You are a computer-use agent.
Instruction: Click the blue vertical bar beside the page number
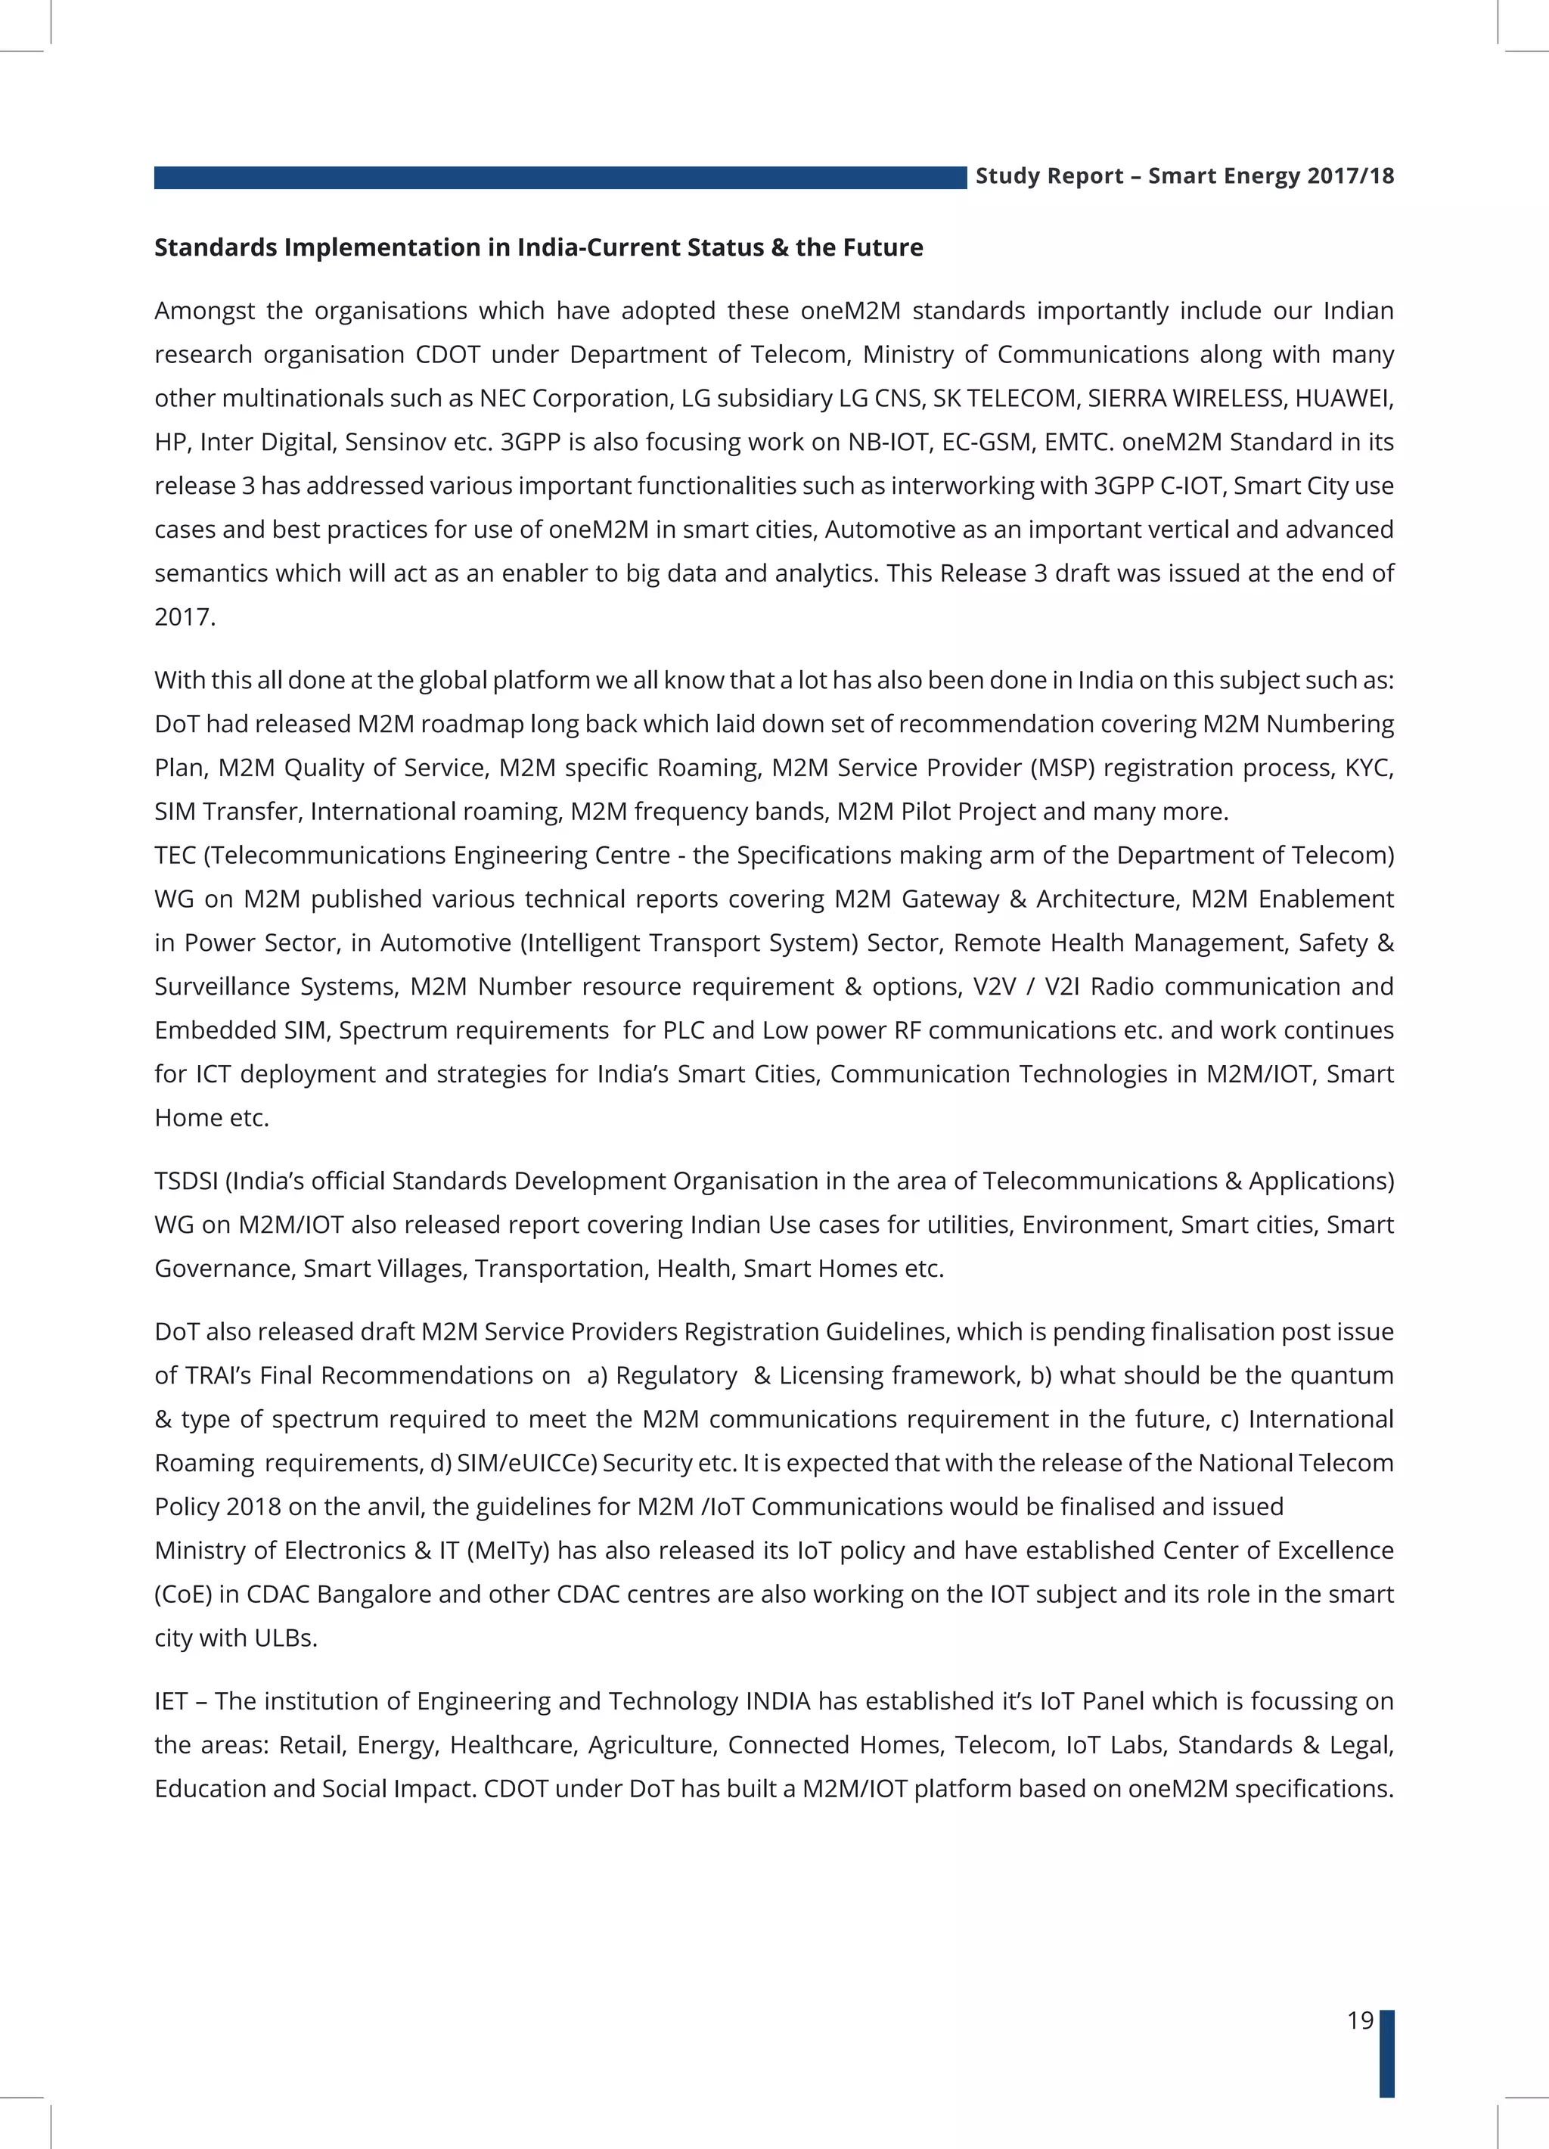click(1386, 2052)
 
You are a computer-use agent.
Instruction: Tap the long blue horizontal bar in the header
click(559, 177)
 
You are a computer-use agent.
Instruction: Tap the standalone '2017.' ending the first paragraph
click(185, 616)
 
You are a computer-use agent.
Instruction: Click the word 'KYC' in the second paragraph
click(1367, 768)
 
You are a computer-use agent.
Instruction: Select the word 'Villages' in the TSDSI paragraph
click(423, 1269)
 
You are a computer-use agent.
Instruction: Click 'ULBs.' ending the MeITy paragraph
click(285, 1638)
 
